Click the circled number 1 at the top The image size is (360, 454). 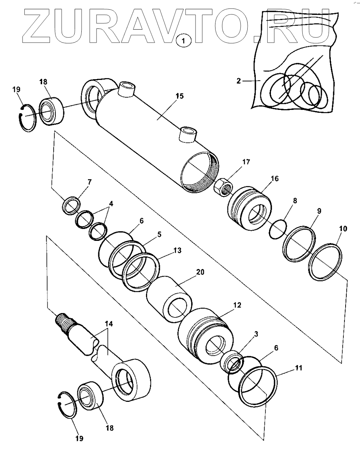click(184, 40)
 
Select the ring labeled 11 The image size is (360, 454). click(259, 386)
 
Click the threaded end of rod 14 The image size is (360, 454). click(65, 321)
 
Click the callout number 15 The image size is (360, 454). click(179, 96)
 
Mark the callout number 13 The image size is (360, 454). click(177, 250)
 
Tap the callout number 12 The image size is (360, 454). click(237, 305)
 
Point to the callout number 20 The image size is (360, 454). click(200, 272)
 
